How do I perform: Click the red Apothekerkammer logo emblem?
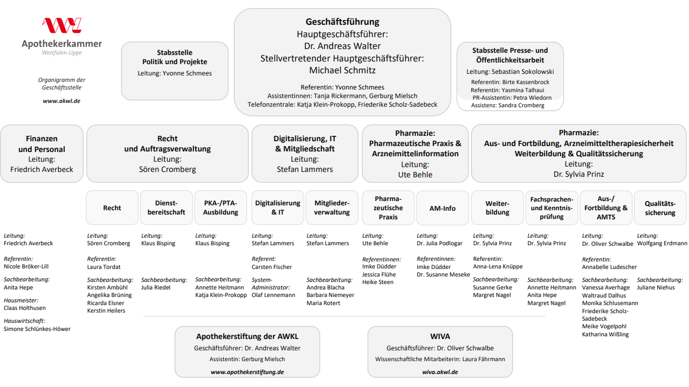click(61, 25)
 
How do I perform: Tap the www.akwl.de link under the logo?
click(61, 101)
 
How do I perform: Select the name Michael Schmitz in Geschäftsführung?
click(342, 70)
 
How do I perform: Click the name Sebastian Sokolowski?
click(522, 72)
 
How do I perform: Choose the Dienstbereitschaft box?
click(166, 208)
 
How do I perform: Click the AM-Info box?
click(442, 208)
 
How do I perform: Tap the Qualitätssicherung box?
click(660, 208)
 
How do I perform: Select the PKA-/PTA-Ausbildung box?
click(221, 208)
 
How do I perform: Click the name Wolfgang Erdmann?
click(662, 244)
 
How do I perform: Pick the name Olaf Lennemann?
click(273, 295)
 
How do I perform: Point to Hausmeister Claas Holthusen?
click(25, 308)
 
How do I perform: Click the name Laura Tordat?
click(104, 267)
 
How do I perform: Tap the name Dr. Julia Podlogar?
click(439, 244)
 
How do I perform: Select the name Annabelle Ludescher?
click(609, 267)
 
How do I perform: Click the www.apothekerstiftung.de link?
click(247, 372)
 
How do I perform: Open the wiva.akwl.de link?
click(440, 372)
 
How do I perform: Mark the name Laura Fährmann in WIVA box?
click(483, 359)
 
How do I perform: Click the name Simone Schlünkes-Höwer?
click(37, 329)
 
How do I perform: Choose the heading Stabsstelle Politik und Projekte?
click(175, 57)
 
